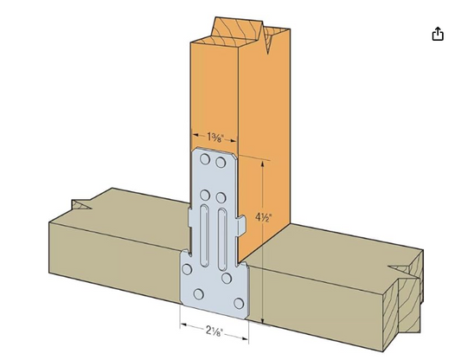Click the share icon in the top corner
(x=438, y=34)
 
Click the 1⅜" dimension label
(x=217, y=137)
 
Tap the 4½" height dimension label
(x=265, y=218)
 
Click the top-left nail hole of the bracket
(x=205, y=161)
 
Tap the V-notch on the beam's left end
(x=82, y=205)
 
